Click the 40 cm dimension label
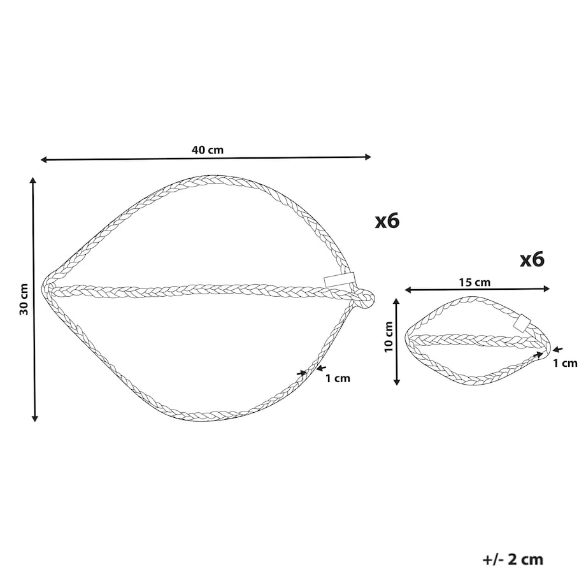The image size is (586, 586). pos(208,150)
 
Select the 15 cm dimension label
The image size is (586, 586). pos(475,282)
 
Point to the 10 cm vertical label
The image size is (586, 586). pos(389,336)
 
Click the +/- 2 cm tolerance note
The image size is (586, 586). pos(513,559)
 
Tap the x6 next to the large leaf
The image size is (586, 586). pos(387,221)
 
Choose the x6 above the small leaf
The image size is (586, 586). pos(532,260)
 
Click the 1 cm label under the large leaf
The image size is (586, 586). pos(338,378)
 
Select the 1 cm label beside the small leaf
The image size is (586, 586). pos(565,363)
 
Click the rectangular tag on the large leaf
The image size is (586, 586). pos(339,280)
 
